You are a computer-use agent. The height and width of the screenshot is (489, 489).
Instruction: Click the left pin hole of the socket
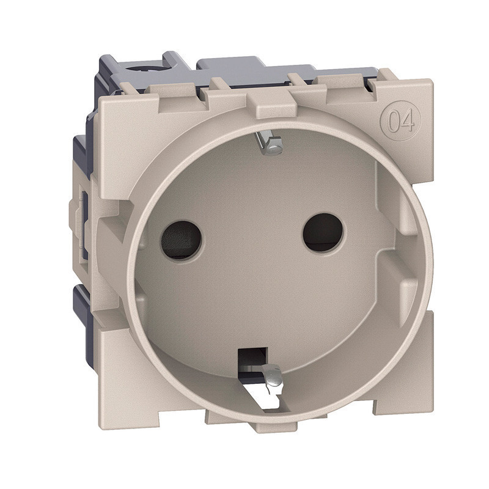181,240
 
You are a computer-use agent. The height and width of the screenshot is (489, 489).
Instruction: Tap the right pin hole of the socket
323,233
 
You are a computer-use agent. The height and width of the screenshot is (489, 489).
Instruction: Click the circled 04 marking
401,120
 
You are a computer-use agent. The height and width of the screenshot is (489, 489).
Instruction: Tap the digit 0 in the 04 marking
394,120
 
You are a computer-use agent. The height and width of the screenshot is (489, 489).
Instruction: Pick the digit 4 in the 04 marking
408,120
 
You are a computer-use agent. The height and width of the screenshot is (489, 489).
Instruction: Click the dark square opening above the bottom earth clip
252,359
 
